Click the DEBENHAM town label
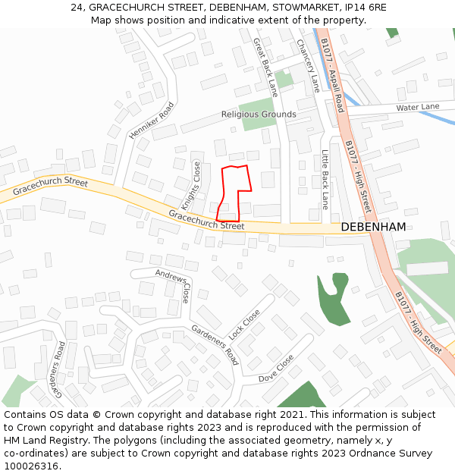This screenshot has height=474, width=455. [373, 227]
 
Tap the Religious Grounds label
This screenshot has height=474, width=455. [259, 115]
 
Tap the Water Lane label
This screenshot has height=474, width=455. [417, 108]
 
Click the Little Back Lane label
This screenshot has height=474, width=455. [325, 180]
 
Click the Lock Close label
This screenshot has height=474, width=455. [244, 324]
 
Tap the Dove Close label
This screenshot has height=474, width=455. [276, 369]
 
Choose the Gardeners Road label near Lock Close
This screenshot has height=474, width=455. [215, 344]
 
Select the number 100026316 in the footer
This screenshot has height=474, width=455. [31, 466]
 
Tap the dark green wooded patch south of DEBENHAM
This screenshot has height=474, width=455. [333, 300]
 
